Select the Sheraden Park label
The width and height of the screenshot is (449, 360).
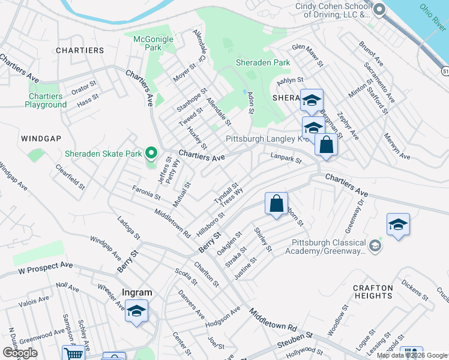[263, 62]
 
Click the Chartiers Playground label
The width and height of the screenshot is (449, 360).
[46, 100]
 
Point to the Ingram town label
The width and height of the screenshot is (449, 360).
[137, 293]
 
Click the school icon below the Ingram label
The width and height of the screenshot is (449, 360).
[137, 311]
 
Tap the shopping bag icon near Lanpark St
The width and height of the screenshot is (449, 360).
[326, 145]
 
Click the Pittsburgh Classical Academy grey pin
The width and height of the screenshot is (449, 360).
[375, 245]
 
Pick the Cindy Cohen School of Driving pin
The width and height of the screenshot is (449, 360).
[378, 10]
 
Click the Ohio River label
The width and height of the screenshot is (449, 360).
[433, 17]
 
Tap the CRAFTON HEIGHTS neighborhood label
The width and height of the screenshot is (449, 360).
[373, 292]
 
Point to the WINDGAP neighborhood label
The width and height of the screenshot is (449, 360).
[41, 139]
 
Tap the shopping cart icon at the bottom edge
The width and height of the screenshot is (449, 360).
[73, 354]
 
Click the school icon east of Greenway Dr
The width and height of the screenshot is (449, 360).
[398, 225]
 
